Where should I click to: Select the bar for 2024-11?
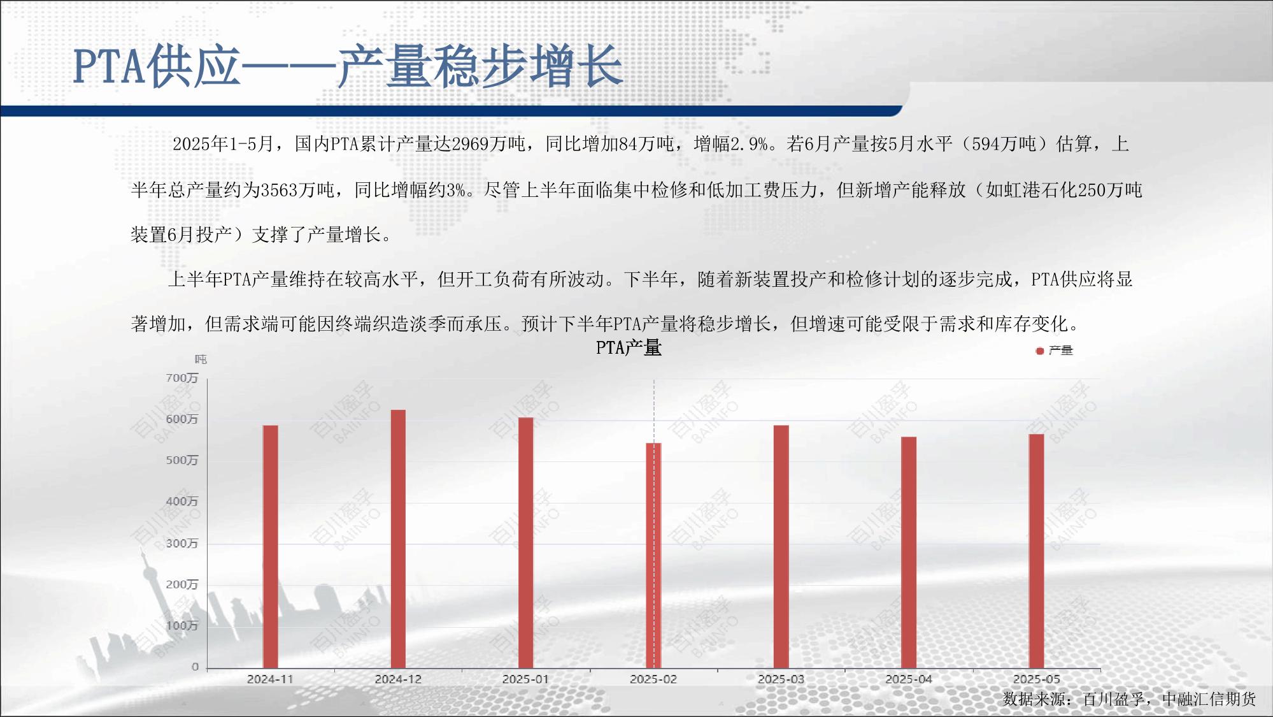pos(271,547)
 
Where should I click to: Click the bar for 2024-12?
pos(398,539)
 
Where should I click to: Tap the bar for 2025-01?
pos(526,543)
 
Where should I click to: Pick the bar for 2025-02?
pos(653,556)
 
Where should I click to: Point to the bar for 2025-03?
pos(781,547)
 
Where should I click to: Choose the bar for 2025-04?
pos(909,553)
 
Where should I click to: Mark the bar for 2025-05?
pos(1036,551)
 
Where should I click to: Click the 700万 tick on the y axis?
pos(182,378)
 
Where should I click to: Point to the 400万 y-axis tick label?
pos(182,502)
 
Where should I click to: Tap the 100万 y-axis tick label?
pos(182,626)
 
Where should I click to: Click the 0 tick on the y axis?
pos(195,667)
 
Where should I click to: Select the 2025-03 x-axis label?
pos(781,679)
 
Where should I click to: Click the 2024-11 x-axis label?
pos(271,679)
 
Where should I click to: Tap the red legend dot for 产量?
pos(1040,351)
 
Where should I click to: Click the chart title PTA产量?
pos(629,348)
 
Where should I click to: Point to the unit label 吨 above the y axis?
pos(201,359)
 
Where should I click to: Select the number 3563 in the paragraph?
pos(280,190)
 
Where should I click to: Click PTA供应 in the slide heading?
pos(156,66)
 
